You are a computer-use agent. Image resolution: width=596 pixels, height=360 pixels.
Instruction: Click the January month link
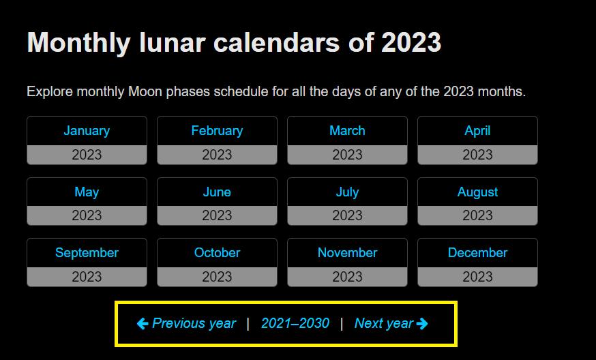coord(87,131)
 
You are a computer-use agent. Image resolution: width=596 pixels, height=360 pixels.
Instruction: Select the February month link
coord(217,131)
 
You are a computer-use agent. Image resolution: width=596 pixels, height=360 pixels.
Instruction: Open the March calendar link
coord(347,131)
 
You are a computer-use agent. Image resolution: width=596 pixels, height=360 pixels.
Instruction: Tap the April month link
coord(477,131)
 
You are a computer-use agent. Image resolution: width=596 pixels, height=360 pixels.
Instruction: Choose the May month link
coord(87,192)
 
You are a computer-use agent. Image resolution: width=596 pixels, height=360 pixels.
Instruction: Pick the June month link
coord(217,192)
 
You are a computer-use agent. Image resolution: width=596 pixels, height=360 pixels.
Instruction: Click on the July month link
coord(347,192)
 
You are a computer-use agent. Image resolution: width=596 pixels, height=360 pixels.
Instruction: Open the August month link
coord(477,192)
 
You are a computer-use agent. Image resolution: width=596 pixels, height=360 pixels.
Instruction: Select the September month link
coord(87,253)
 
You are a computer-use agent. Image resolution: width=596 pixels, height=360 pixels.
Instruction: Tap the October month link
coord(217,253)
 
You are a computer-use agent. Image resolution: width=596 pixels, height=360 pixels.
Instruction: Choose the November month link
coord(347,253)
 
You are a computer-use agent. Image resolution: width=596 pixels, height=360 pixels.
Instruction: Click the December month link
coord(477,253)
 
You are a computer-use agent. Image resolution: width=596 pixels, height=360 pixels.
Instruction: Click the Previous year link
coord(186,323)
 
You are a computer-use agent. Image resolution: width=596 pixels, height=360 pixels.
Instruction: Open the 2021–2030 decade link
coord(295,323)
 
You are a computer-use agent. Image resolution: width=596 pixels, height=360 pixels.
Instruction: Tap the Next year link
coord(391,323)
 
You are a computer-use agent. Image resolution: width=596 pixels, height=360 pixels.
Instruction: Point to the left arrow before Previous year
coord(143,324)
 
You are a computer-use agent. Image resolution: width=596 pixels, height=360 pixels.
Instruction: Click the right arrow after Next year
coord(422,324)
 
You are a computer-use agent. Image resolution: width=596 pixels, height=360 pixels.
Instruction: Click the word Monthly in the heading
coord(79,42)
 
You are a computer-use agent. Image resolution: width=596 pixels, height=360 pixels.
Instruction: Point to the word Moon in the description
coord(145,91)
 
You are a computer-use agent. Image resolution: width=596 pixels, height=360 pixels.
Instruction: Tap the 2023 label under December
coord(477,277)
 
